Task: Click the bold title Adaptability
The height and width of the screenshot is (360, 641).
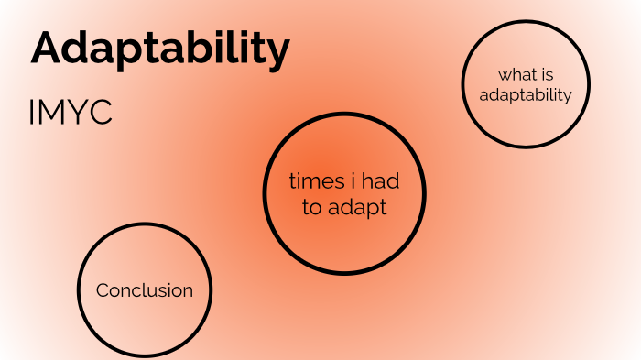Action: pyautogui.click(x=160, y=49)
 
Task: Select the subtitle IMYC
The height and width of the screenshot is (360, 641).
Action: pyautogui.click(x=71, y=113)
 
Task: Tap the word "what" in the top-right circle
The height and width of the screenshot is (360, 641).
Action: pyautogui.click(x=516, y=74)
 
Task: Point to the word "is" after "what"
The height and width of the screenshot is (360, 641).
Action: pyautogui.click(x=548, y=74)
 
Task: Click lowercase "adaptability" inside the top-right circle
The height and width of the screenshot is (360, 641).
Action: pyautogui.click(x=526, y=94)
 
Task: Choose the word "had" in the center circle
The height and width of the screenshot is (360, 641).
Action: pyautogui.click(x=380, y=181)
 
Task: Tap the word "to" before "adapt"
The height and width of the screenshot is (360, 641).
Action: pyautogui.click(x=312, y=208)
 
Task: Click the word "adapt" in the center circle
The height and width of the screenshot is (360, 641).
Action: pyautogui.click(x=358, y=209)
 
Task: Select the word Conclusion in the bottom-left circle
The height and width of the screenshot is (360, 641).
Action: pyautogui.click(x=145, y=290)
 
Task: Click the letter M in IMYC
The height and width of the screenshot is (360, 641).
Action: pyautogui.click(x=53, y=113)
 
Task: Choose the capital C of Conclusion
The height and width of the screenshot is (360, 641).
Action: pyautogui.click(x=103, y=290)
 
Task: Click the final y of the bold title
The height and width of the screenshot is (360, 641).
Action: pyautogui.click(x=278, y=53)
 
